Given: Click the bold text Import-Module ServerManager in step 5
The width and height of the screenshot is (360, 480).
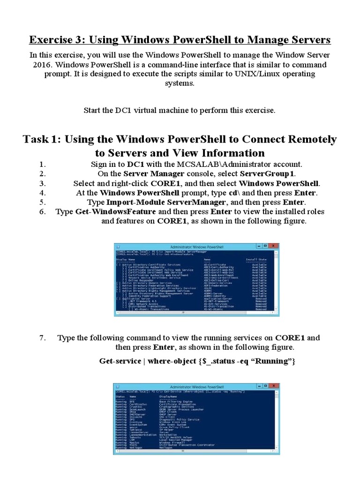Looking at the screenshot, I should pyautogui.click(x=159, y=202).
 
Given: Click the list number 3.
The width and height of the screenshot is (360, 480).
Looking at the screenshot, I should pyautogui.click(x=42, y=183).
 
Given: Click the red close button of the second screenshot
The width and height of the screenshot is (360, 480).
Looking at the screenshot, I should pyautogui.click(x=275, y=386).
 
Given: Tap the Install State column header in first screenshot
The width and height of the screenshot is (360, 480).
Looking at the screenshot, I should pyautogui.click(x=256, y=259).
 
